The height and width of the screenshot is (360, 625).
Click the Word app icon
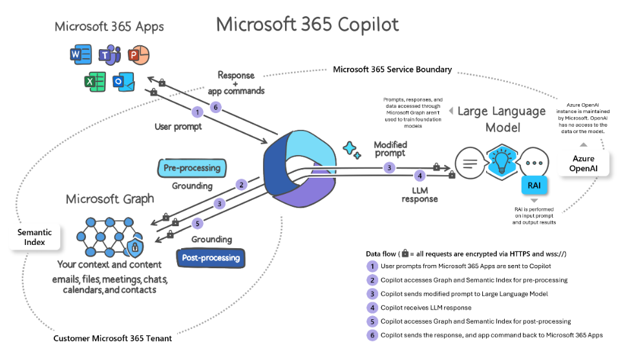point(80,56)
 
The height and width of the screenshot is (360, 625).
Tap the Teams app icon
point(108,56)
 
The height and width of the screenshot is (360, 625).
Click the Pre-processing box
point(191,168)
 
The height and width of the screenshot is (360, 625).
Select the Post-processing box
point(210,258)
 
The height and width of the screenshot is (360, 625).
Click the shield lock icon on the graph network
point(135,246)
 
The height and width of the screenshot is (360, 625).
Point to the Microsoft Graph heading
point(110,198)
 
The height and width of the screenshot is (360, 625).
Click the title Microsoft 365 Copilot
point(307,24)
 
